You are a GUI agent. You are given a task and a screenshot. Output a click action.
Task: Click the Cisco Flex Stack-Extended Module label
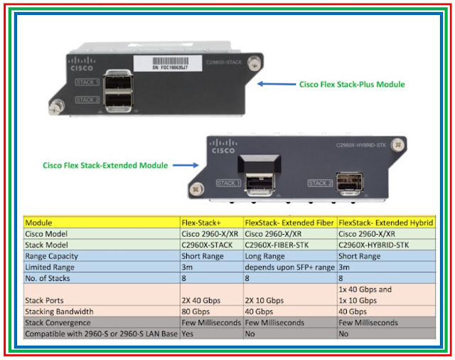105,166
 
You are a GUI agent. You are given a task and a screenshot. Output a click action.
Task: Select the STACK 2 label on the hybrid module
321,184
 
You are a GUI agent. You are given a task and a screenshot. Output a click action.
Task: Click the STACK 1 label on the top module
87,83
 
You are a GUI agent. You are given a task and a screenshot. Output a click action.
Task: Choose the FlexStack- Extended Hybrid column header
385,223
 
